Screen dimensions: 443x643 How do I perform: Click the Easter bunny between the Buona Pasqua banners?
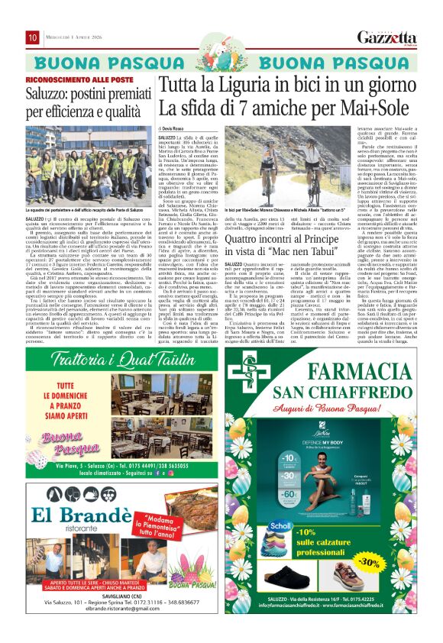[x=222, y=62]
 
